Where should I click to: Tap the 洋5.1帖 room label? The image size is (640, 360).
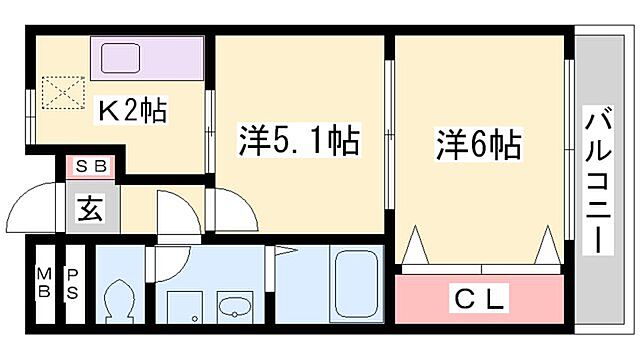[297, 141]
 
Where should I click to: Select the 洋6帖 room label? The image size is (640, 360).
[478, 146]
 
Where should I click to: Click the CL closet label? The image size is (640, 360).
[484, 297]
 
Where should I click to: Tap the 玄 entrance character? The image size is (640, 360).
[91, 210]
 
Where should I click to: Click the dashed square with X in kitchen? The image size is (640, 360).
[66, 93]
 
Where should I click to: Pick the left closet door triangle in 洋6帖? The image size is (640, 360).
[416, 246]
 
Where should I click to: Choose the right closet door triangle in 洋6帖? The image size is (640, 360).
[547, 246]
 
